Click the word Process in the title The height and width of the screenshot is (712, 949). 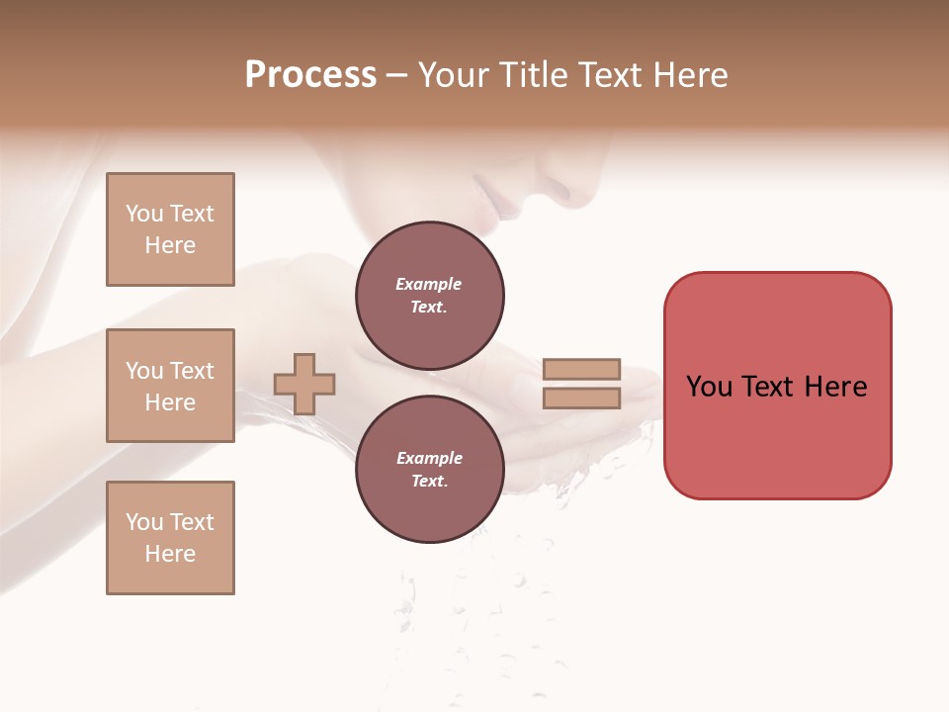click(310, 75)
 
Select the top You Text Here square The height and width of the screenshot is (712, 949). click(170, 229)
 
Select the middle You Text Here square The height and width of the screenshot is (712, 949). click(170, 386)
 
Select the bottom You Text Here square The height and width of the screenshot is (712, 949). click(170, 538)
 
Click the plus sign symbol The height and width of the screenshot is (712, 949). click(304, 384)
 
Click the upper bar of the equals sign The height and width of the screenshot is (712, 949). click(581, 369)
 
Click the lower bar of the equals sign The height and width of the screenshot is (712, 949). click(581, 398)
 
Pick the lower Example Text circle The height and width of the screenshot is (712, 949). click(429, 470)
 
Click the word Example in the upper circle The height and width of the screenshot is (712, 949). click(429, 284)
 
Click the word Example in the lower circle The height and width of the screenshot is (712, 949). click(429, 458)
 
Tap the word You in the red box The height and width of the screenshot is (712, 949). click(709, 387)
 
